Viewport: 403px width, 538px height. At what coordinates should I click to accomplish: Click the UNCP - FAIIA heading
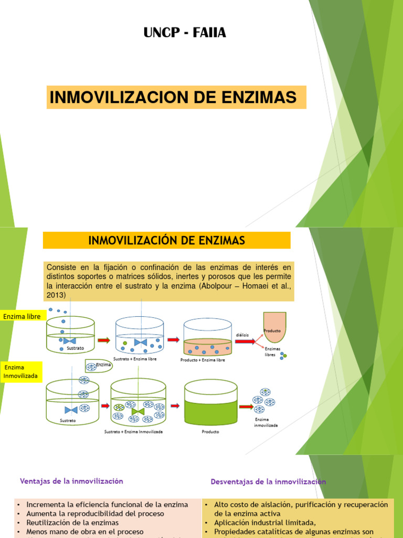[185, 33]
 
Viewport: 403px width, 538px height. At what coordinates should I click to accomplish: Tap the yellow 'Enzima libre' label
[22, 317]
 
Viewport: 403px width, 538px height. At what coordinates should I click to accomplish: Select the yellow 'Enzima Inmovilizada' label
[21, 372]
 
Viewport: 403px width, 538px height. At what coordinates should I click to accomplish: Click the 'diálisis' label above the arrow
[242, 335]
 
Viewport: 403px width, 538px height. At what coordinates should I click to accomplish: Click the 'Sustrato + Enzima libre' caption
[138, 359]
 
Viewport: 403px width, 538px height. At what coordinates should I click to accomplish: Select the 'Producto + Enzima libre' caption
[203, 360]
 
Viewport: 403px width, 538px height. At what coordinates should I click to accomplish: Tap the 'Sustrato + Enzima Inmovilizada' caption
[133, 431]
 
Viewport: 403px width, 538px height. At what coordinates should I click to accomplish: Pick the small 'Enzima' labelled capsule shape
[99, 366]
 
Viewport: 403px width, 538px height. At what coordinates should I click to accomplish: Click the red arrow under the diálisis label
[245, 342]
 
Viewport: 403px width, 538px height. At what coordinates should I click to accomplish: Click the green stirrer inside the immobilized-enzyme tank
[137, 411]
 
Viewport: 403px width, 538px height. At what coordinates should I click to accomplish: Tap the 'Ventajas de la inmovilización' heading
[71, 481]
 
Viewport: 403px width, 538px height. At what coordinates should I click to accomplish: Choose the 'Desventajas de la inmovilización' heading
[268, 481]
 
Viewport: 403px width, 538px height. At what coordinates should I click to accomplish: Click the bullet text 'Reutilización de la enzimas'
[72, 523]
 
